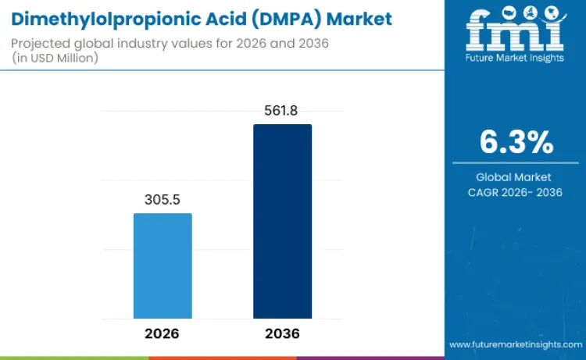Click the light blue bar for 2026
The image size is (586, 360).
(163, 266)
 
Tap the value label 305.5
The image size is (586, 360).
(163, 200)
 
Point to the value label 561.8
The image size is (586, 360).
(282, 111)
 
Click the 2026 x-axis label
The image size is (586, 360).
(162, 333)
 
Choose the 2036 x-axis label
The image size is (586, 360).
(281, 333)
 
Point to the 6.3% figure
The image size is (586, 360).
(516, 143)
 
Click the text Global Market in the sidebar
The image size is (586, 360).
(514, 177)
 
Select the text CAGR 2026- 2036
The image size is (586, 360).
(516, 193)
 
